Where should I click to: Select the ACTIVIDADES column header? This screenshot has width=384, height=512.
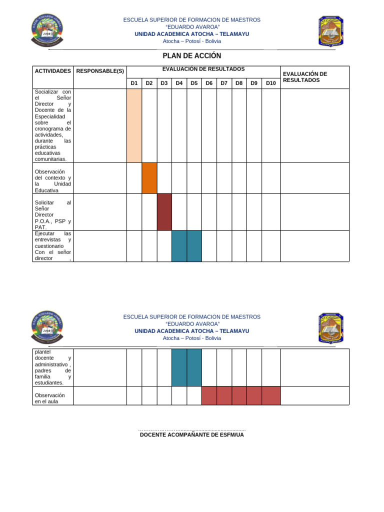(x=52, y=71)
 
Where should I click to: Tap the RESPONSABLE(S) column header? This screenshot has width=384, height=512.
(x=100, y=71)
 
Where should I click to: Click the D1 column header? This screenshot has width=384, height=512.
(x=134, y=83)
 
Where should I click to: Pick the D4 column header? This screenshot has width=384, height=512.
(x=179, y=83)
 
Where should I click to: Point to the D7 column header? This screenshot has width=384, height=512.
(x=224, y=83)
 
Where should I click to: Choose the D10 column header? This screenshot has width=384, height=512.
(x=270, y=83)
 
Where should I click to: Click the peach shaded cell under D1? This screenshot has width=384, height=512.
(x=134, y=125)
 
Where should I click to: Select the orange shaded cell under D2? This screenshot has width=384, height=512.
(x=149, y=178)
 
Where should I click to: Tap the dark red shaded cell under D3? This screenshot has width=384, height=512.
(x=164, y=212)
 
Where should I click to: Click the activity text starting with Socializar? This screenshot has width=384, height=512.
(x=52, y=125)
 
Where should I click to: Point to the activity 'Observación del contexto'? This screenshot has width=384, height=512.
(x=52, y=180)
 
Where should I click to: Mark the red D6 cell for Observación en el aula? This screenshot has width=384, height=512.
(x=209, y=395)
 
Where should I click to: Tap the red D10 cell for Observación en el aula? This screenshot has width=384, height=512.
(x=270, y=395)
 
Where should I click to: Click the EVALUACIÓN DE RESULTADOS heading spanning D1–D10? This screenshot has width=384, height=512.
(x=203, y=69)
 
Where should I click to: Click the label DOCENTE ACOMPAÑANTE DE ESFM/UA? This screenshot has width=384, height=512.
(x=192, y=435)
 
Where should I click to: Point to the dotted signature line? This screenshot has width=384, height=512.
(x=192, y=430)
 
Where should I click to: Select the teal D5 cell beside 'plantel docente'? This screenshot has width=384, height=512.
(x=194, y=367)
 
